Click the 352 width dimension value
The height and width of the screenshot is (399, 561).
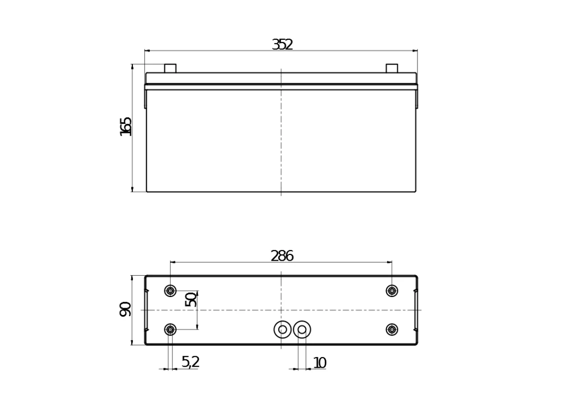tap(282, 44)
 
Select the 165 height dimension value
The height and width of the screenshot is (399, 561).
tap(126, 127)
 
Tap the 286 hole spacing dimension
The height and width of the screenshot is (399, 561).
tap(282, 256)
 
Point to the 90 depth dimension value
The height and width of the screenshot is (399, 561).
tap(125, 309)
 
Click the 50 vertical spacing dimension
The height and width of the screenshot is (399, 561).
tap(191, 300)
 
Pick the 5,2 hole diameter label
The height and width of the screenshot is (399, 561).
tap(190, 362)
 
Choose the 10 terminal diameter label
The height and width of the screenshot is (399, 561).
tap(320, 363)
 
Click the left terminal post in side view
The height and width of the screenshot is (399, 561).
tap(171, 68)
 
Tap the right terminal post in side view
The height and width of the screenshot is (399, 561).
tap(392, 68)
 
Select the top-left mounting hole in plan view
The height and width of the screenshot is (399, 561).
tap(171, 291)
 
